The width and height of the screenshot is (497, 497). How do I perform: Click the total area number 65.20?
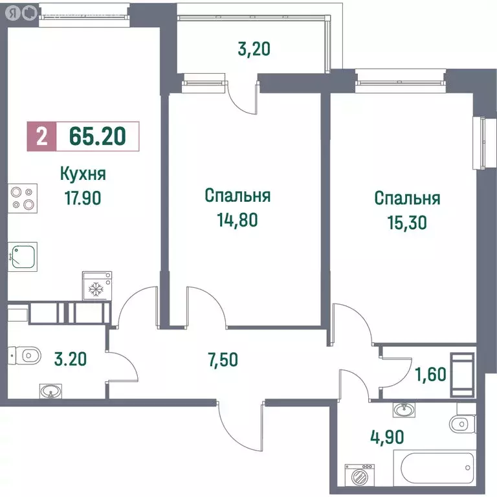coord(97,137)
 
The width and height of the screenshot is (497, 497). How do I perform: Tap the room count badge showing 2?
coord(41,137)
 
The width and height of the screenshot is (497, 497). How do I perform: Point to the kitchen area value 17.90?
coord(82,197)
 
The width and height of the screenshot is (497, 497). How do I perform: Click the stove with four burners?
coord(23,197)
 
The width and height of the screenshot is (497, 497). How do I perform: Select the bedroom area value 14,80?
coord(237,219)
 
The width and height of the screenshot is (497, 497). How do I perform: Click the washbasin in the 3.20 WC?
coord(49,391)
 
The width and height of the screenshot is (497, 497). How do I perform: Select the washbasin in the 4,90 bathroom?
coord(404,409)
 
